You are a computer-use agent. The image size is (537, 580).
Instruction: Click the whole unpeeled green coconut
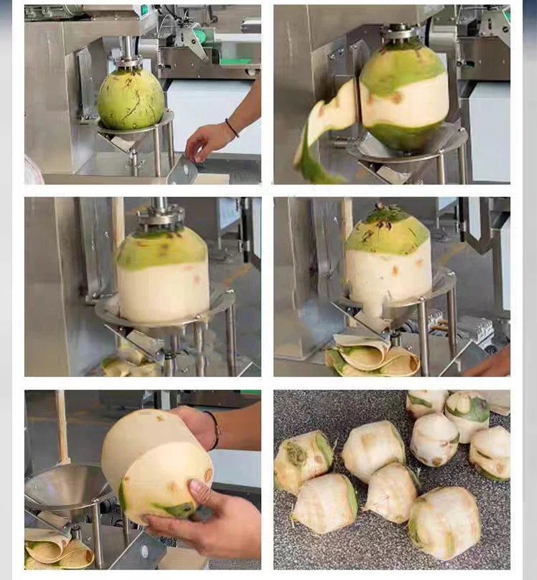131,99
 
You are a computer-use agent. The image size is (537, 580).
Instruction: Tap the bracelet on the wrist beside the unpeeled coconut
232,128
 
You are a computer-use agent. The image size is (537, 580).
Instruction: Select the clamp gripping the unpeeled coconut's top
128,62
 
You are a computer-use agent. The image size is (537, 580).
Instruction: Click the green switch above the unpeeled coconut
144,9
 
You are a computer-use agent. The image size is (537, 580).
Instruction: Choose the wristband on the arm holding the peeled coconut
215,430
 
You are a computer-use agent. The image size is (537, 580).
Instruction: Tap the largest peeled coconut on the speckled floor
444,521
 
